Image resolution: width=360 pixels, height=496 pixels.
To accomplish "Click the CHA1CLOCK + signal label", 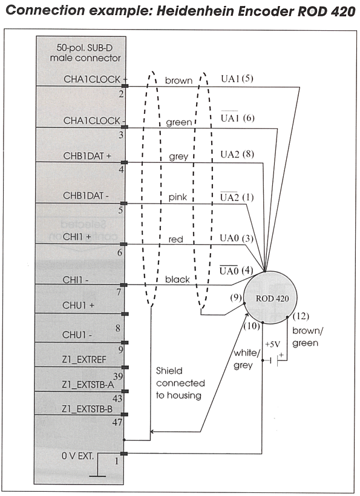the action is click(95, 79).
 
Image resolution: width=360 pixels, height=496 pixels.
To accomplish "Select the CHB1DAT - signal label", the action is click(86, 196).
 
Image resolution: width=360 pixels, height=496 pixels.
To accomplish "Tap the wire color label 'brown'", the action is click(178, 81).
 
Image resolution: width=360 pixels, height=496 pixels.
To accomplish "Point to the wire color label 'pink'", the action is click(178, 197).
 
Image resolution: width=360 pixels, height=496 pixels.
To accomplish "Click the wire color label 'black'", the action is click(177, 279).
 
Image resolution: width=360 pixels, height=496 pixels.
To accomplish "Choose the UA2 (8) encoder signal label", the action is click(237, 154).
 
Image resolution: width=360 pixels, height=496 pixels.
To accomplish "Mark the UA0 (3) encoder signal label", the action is click(237, 238).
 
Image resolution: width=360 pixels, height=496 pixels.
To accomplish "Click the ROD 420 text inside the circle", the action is click(272, 299).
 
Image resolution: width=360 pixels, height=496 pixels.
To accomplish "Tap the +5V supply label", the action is click(272, 344).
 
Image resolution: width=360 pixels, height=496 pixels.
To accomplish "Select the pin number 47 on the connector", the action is click(117, 422).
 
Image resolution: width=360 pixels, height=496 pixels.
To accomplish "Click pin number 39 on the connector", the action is click(118, 377).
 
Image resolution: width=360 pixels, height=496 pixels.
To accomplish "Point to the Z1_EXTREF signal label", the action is click(84, 360).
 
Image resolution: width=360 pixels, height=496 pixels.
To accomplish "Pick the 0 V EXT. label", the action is click(78, 456).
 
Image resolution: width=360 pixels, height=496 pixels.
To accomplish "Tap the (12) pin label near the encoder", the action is click(301, 316).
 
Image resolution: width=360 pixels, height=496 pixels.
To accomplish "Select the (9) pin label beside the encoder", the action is click(236, 298).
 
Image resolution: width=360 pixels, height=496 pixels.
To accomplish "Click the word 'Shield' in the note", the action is click(169, 371).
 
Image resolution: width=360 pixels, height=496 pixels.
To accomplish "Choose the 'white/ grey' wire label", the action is click(247, 359).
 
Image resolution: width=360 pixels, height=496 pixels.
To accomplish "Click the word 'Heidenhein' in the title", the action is click(195, 11).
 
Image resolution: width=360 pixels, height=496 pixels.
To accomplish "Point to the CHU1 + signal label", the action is click(78, 305).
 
